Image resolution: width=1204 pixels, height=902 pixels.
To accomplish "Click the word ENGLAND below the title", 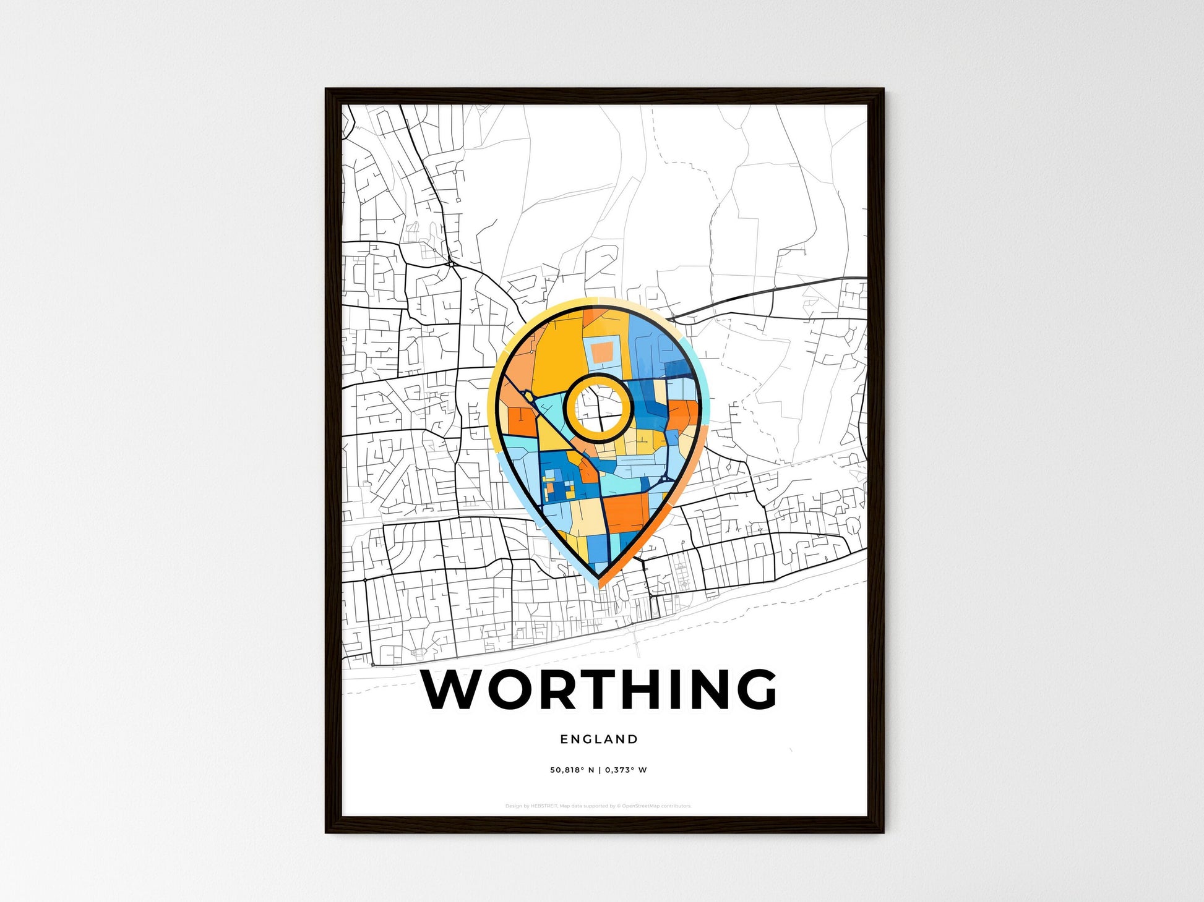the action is (x=599, y=739).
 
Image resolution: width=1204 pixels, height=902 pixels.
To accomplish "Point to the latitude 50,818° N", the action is (x=572, y=770).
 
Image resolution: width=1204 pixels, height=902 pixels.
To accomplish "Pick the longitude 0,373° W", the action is (x=626, y=770).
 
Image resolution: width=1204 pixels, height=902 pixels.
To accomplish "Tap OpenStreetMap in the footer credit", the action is (x=640, y=806).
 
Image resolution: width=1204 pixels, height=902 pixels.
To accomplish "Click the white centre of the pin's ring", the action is (x=599, y=407).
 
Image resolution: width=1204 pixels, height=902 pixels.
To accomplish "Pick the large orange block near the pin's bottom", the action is (x=626, y=512).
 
